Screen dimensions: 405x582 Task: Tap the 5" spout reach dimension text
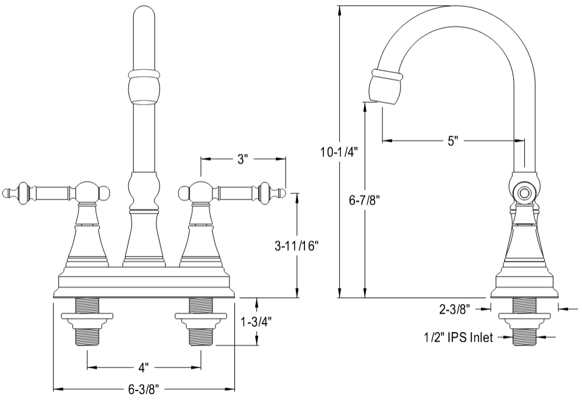[x=452, y=141]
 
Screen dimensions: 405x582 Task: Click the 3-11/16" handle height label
[x=296, y=246]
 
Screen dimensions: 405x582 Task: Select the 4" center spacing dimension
[x=144, y=368]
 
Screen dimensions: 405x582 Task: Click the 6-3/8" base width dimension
[x=144, y=389]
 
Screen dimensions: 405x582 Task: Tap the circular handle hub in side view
[x=524, y=193]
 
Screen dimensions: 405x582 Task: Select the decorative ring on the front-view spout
[x=144, y=76]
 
